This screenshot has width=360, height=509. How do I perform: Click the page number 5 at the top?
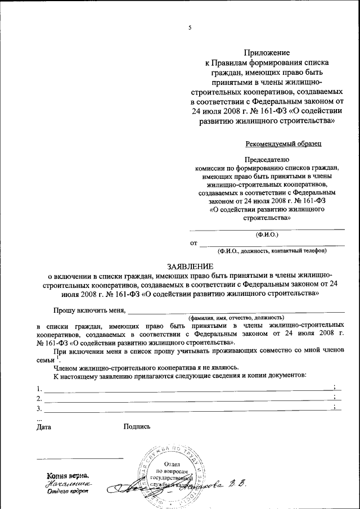[190, 28]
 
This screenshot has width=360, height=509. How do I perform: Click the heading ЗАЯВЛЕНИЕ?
[190, 265]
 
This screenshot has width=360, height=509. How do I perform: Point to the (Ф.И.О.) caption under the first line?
[267, 233]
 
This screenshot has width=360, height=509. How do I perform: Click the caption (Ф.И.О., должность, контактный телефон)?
[272, 251]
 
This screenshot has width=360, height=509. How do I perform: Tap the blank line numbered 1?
[186, 389]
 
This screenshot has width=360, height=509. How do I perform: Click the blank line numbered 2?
[186, 399]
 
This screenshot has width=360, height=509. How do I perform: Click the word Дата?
[43, 427]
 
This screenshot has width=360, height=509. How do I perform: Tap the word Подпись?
[137, 427]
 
